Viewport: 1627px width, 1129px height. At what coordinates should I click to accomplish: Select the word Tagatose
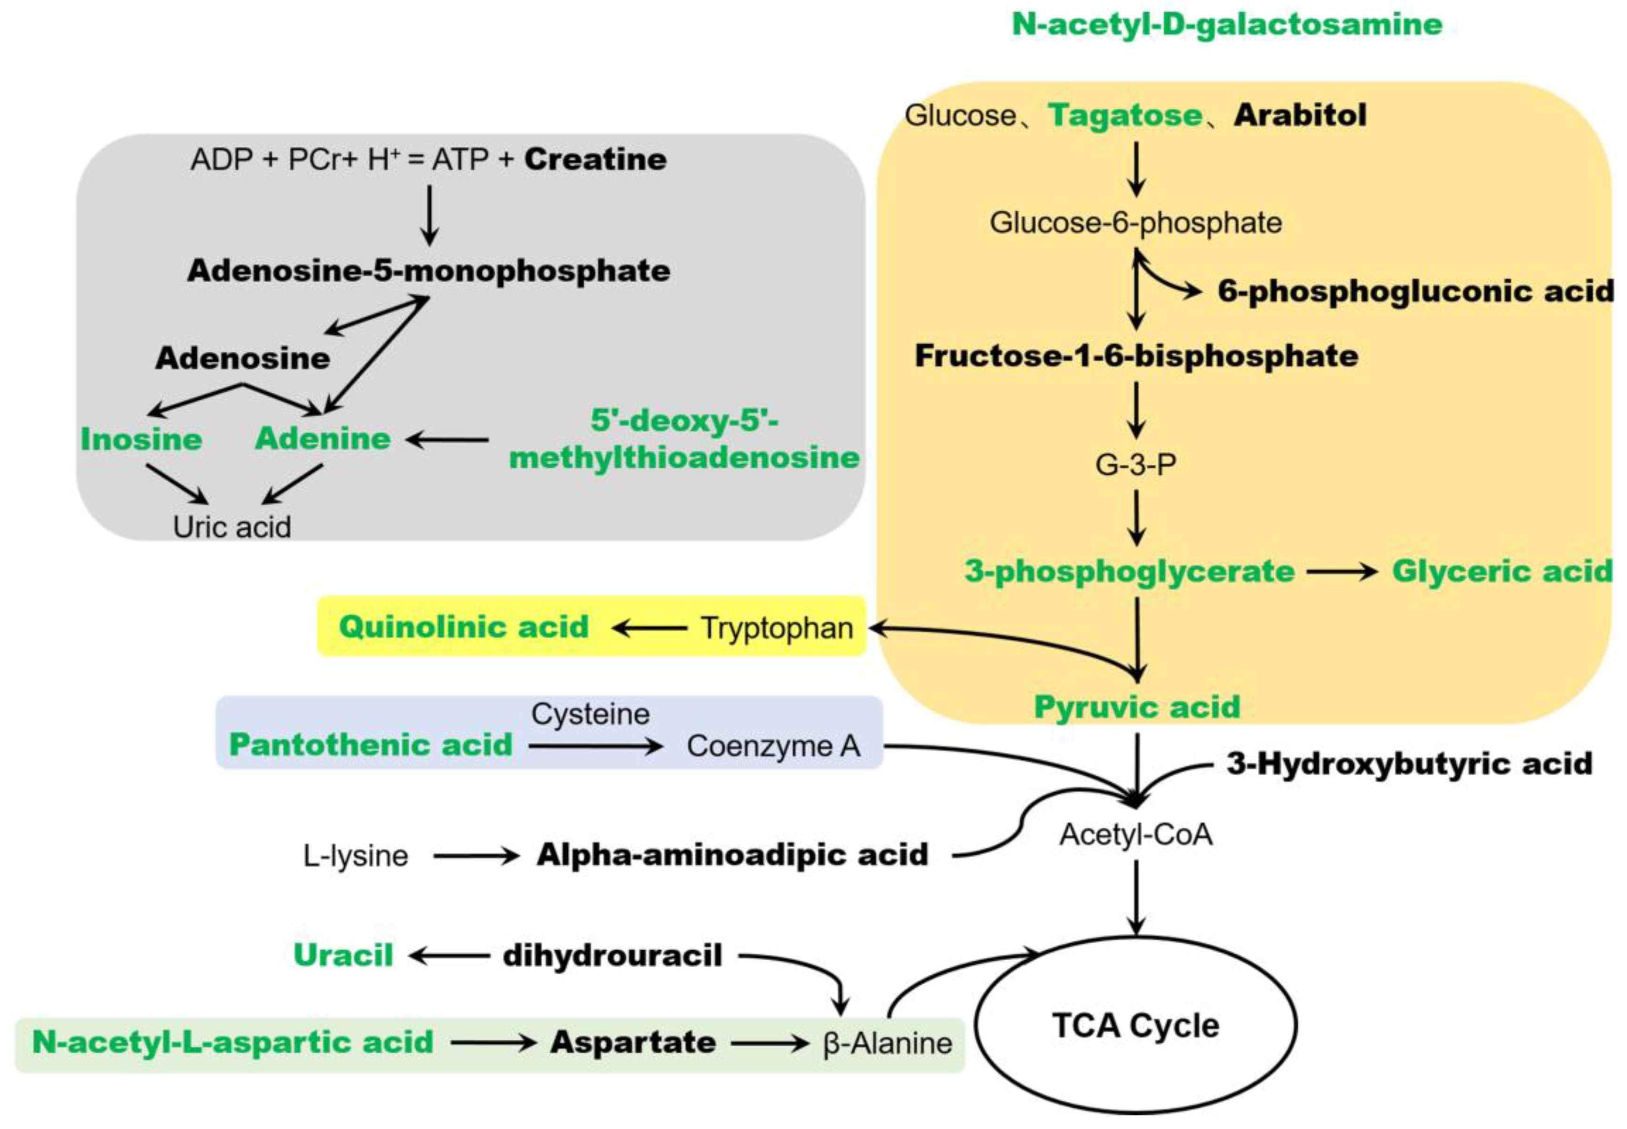click(1125, 115)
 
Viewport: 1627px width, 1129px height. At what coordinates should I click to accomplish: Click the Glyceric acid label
click(1501, 572)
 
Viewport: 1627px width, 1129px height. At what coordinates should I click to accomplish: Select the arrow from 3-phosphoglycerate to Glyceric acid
click(1341, 572)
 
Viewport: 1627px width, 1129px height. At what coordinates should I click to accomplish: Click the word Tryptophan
click(776, 628)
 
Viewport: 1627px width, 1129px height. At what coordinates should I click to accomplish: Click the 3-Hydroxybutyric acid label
click(1409, 764)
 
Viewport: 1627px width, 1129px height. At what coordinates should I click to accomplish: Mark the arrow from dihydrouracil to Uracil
click(449, 956)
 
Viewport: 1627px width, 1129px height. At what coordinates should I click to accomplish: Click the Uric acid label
click(232, 527)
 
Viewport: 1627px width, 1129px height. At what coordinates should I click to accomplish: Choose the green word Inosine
click(142, 439)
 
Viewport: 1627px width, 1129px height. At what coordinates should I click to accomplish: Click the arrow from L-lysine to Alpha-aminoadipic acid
click(476, 857)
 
